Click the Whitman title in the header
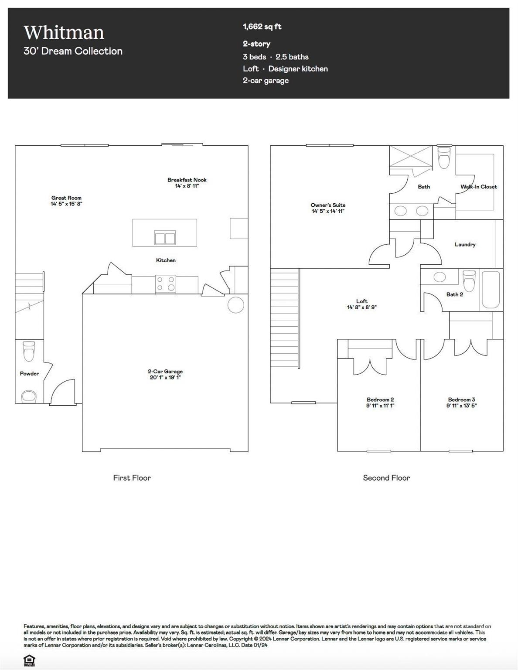click(x=64, y=33)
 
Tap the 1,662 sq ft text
click(x=262, y=27)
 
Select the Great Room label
click(x=66, y=198)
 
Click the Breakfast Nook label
click(x=187, y=180)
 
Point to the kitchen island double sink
click(x=165, y=238)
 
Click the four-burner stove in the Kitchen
click(x=166, y=284)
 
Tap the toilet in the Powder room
click(x=29, y=351)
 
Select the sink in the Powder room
click(x=29, y=396)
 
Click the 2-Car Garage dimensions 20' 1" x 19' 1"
click(x=165, y=377)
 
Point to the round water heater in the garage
click(x=236, y=305)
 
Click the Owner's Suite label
click(x=328, y=205)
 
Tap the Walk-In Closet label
click(x=478, y=187)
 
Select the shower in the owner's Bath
click(x=410, y=157)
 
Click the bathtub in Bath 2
click(x=491, y=290)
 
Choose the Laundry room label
click(x=465, y=245)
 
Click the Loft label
click(x=361, y=301)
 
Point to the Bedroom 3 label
click(x=461, y=400)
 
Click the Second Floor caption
click(x=386, y=478)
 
